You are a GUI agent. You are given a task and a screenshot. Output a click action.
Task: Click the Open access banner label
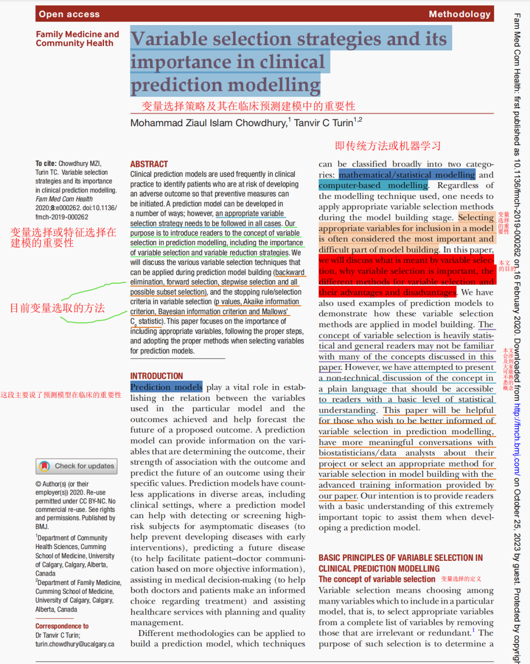tap(69, 14)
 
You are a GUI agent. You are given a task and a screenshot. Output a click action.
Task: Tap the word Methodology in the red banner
tap(459, 14)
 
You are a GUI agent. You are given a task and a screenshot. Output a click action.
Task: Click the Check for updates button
tap(77, 466)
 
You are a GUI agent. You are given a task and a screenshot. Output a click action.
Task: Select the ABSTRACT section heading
tap(149, 164)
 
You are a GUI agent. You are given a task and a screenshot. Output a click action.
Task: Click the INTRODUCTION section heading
tap(156, 376)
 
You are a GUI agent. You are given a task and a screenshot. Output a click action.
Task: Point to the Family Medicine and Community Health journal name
tap(77, 39)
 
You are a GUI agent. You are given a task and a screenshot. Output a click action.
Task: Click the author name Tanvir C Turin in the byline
tap(323, 123)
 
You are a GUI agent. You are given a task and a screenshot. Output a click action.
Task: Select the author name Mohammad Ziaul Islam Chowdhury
tap(208, 123)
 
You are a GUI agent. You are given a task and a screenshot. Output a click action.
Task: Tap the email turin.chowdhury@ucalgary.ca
tap(75, 644)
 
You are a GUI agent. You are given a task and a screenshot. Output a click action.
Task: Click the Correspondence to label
tap(62, 626)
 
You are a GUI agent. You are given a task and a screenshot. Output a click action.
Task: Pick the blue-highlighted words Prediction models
tap(166, 387)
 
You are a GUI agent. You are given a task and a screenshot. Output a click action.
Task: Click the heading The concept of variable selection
tap(376, 579)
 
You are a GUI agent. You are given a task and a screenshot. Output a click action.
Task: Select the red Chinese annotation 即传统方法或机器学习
tap(388, 146)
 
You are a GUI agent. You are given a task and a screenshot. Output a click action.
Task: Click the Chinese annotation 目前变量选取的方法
tap(57, 308)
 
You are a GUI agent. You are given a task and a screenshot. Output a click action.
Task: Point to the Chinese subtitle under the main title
tap(248, 106)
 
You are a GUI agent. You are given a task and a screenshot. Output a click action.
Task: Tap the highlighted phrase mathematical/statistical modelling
tap(406, 175)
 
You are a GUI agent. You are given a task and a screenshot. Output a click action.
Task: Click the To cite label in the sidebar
tap(46, 164)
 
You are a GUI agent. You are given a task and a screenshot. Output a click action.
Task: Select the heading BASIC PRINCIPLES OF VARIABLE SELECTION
tap(400, 558)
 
